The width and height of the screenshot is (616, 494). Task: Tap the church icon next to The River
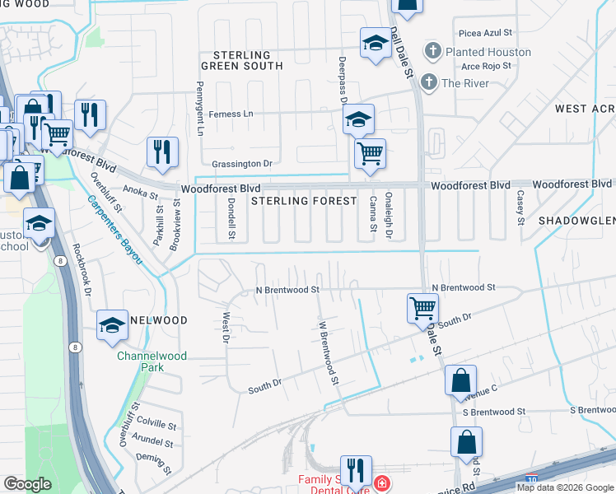[428, 82]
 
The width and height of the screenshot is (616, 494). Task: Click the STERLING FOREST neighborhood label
[304, 201]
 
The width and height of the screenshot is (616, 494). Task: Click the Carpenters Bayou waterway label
[114, 230]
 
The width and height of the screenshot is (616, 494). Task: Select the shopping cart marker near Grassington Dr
[371, 153]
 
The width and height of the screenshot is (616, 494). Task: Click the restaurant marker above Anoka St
[162, 152]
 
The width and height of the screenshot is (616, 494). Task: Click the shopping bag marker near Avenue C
[460, 381]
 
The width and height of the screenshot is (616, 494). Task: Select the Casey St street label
[520, 207]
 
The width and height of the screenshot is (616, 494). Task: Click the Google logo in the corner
[28, 484]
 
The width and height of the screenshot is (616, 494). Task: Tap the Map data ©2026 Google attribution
[565, 487]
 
